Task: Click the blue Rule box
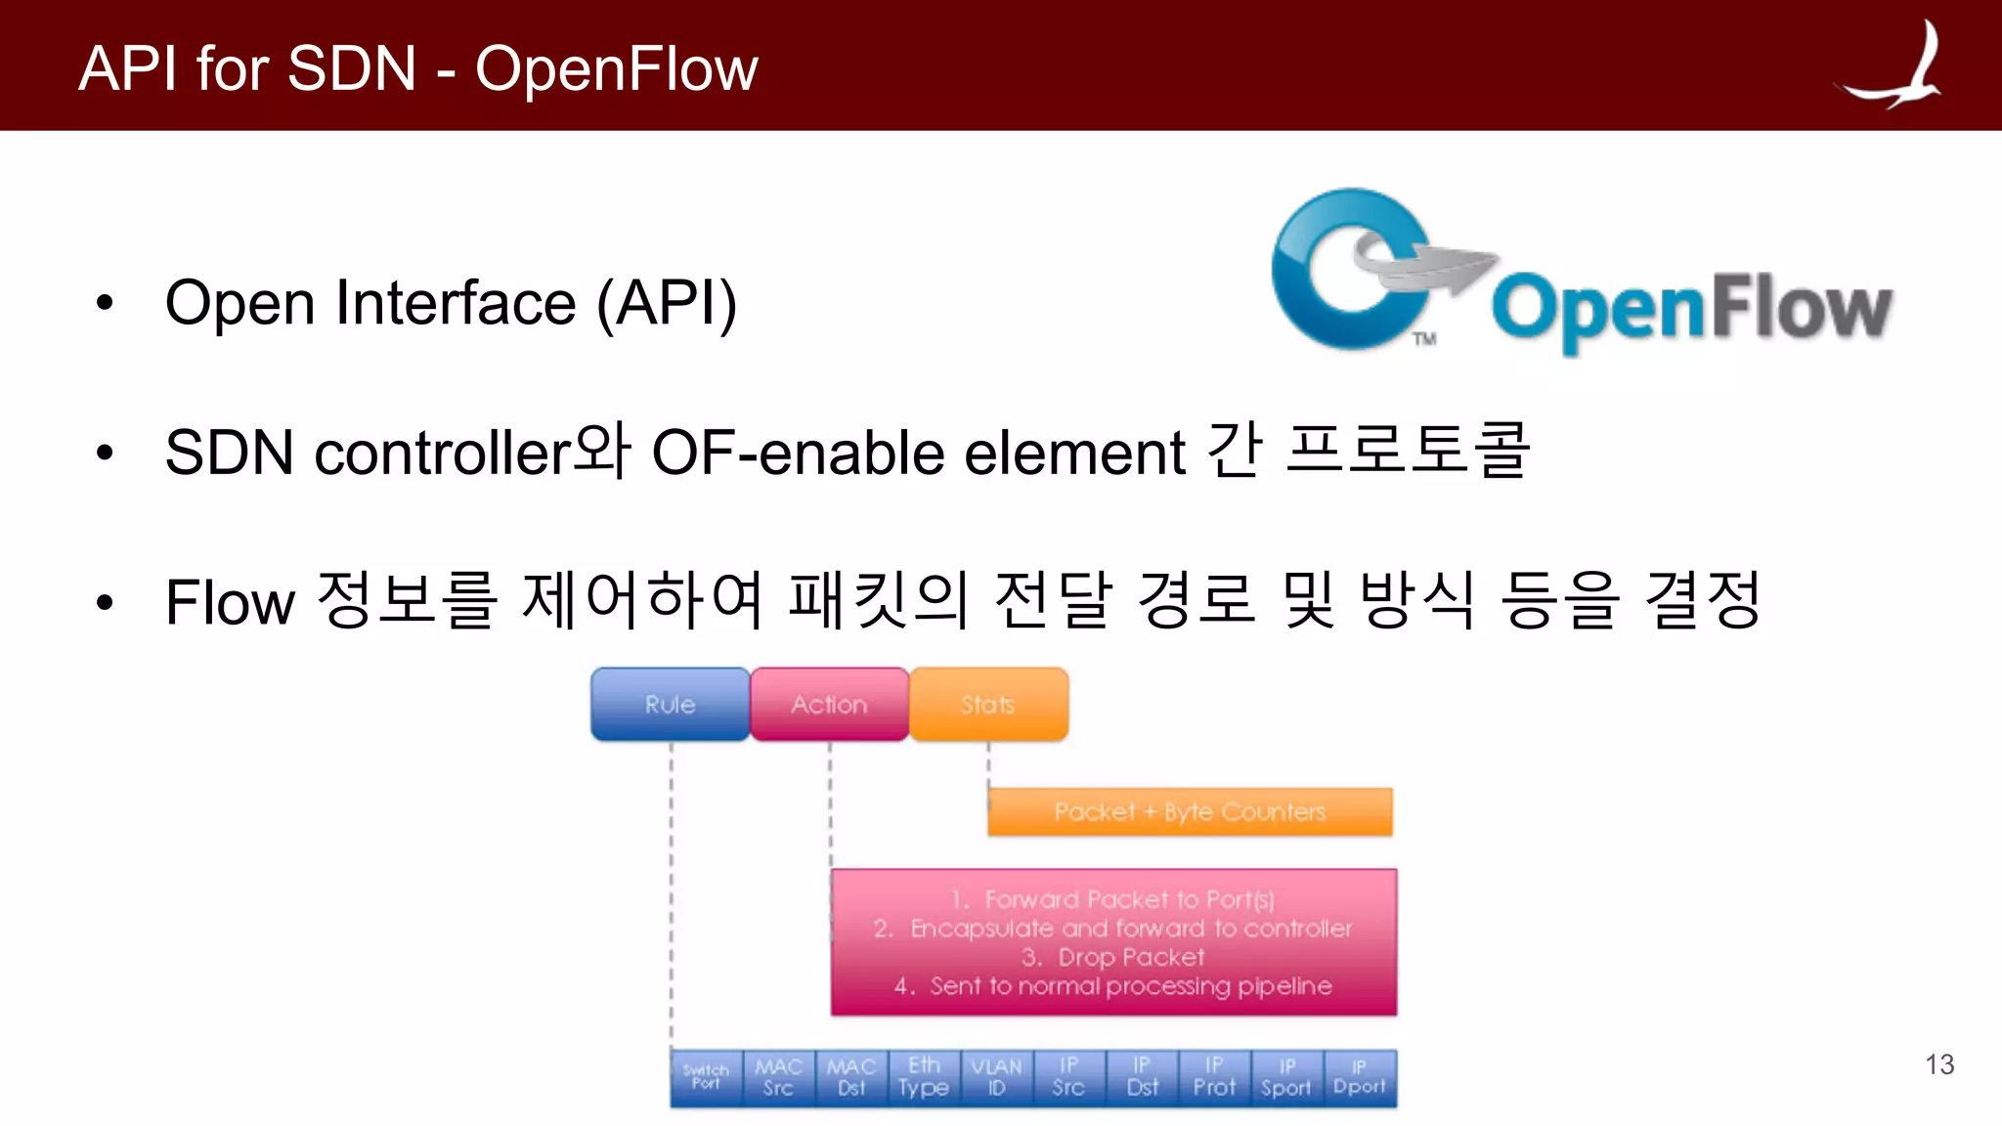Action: [670, 704]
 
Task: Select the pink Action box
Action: [829, 704]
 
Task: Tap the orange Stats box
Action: [988, 704]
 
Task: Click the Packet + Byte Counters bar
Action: [1190, 812]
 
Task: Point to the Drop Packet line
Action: [1113, 957]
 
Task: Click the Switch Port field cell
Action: [706, 1077]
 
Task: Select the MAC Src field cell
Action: [778, 1077]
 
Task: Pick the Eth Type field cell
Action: [924, 1077]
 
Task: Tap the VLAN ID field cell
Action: [996, 1077]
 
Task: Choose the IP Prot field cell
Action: [1214, 1077]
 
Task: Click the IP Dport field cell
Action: [1360, 1077]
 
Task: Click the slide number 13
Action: [1939, 1064]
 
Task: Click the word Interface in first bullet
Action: [456, 303]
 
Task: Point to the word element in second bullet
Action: [1074, 454]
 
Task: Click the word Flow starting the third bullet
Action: [230, 602]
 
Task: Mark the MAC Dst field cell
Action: [851, 1077]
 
